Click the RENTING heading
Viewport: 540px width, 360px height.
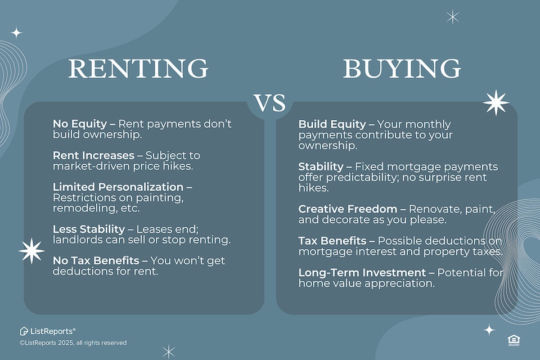[138, 69]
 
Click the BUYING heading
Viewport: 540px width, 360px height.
[402, 69]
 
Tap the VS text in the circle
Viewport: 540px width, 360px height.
[270, 103]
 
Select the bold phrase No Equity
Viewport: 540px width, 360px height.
[79, 124]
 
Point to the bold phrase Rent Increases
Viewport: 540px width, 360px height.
[93, 155]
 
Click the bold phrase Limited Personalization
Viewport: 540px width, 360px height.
[118, 187]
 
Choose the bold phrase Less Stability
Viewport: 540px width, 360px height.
[89, 229]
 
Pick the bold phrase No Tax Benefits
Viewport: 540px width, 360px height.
[96, 260]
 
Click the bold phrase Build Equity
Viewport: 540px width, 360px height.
[332, 124]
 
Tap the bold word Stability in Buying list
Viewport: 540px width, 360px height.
[321, 166]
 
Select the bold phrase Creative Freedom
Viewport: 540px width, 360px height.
[348, 209]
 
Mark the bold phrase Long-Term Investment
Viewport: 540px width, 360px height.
[362, 272]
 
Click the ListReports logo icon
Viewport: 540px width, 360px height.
[24, 331]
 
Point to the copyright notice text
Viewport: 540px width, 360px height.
[73, 343]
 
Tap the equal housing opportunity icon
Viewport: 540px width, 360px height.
[514, 340]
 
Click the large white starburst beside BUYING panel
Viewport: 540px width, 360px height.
[496, 103]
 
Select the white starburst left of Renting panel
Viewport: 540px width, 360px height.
[31, 251]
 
